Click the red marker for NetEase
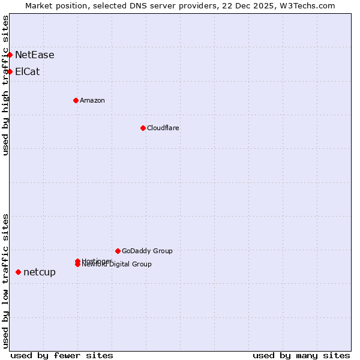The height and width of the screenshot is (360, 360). click(10, 55)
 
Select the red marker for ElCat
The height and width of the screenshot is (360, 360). click(10, 72)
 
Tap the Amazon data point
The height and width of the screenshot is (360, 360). click(76, 100)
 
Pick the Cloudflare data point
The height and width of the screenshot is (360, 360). click(143, 128)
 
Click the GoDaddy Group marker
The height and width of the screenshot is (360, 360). click(118, 251)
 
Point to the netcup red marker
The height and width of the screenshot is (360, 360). click(18, 272)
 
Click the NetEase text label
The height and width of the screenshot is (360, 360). click(35, 55)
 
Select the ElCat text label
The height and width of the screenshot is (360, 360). click(28, 72)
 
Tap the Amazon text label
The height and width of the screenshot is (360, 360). click(92, 100)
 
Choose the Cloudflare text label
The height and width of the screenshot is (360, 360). click(163, 128)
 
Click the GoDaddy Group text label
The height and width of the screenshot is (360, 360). click(147, 251)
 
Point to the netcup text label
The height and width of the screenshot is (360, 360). click(40, 272)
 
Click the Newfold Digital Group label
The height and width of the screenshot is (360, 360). click(117, 265)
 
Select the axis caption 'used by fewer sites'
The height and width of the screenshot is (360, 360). click(62, 356)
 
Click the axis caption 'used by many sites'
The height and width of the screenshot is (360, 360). click(301, 356)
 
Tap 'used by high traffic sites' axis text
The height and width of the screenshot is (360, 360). click(5, 85)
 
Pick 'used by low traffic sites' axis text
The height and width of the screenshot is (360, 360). click(5, 281)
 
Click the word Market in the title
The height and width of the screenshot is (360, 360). click(38, 5)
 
